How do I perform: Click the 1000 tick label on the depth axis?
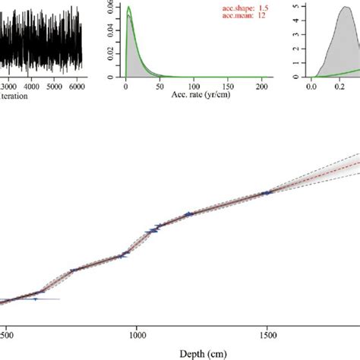(137, 333)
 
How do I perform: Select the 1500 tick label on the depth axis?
(267, 333)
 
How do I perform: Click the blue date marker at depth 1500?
(267, 193)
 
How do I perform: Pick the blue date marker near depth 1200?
(189, 213)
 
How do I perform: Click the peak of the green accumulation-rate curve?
(129, 8)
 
